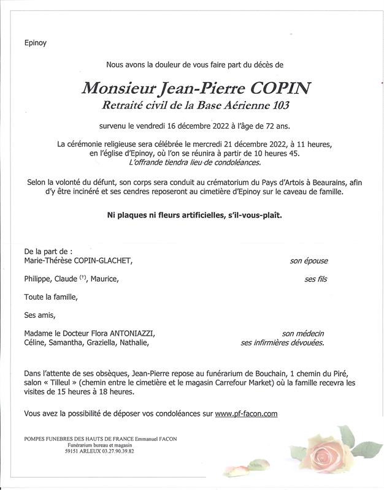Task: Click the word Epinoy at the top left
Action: click(35, 43)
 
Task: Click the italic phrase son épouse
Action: click(309, 260)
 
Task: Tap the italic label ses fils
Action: click(316, 279)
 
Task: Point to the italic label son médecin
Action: click(302, 333)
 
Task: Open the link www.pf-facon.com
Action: click(247, 413)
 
